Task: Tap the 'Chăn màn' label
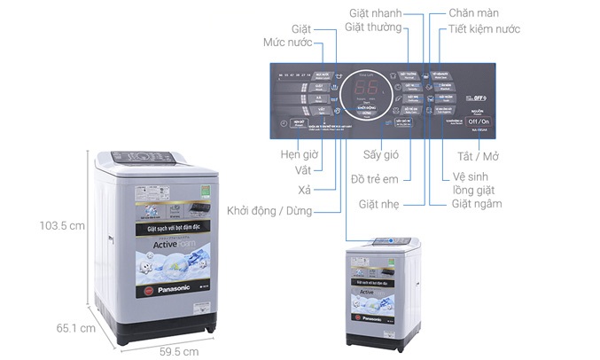[x=475, y=12]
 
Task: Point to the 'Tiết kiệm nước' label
[x=485, y=29]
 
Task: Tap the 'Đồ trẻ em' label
[x=377, y=180]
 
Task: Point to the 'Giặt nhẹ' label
[x=377, y=204]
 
